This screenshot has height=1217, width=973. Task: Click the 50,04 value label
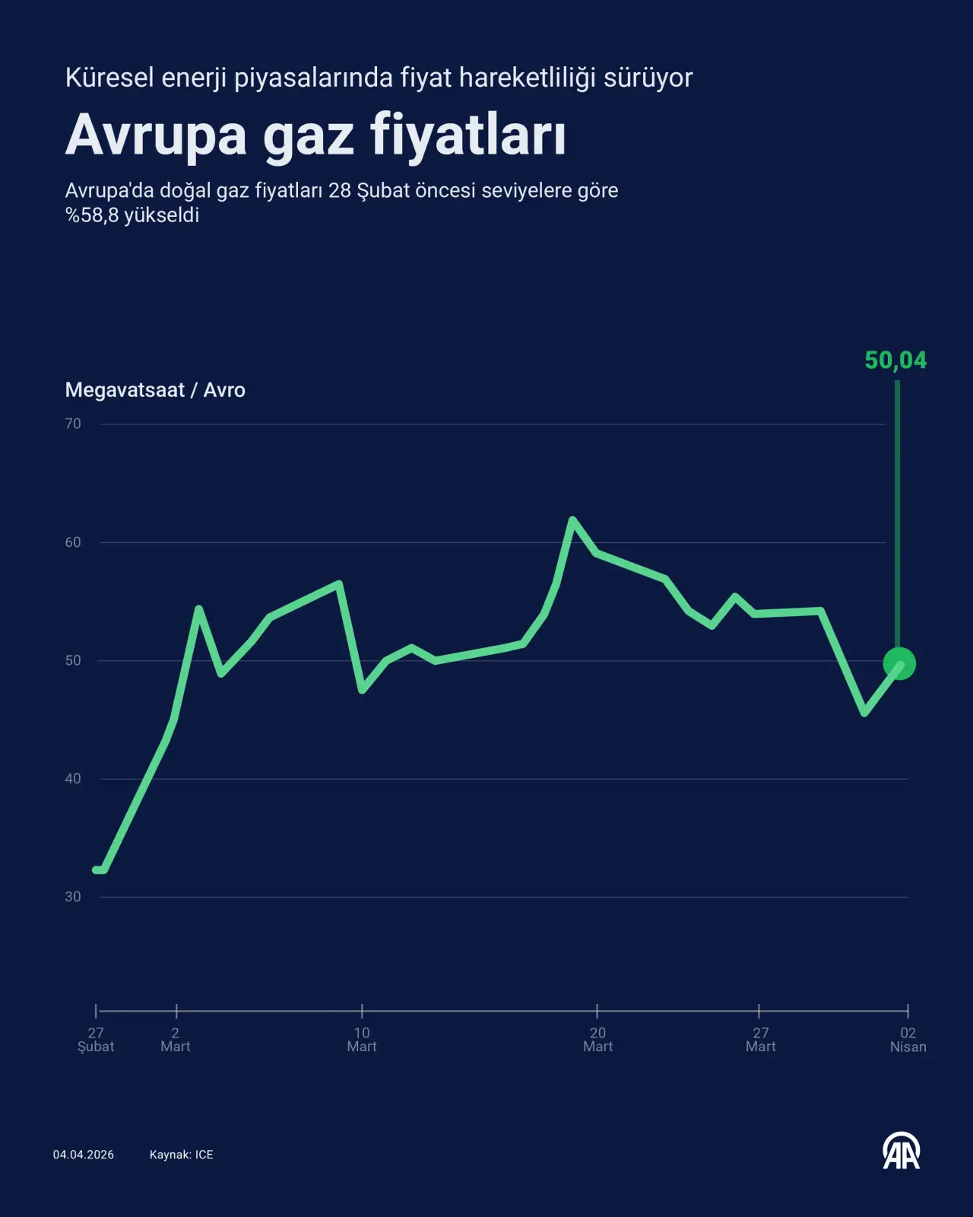click(x=895, y=360)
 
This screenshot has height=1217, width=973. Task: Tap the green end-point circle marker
click(x=899, y=664)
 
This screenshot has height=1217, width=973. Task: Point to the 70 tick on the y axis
click(x=73, y=424)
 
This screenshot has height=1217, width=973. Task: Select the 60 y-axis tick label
click(x=73, y=542)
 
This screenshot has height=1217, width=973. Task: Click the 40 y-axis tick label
click(x=73, y=778)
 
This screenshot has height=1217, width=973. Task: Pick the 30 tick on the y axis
click(x=73, y=897)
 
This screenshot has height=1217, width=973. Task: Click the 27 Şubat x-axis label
click(x=96, y=1040)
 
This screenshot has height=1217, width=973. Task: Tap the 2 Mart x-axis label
click(x=176, y=1040)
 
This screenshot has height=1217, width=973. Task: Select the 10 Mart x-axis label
click(x=362, y=1040)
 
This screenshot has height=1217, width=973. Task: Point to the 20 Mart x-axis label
click(x=597, y=1040)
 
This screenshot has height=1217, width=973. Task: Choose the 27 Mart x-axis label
click(x=760, y=1040)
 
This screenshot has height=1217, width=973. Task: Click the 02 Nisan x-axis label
click(x=908, y=1040)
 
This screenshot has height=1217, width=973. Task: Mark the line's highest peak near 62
click(x=572, y=520)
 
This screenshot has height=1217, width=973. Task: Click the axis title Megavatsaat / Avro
click(x=155, y=390)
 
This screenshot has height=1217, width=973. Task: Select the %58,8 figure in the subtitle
click(x=92, y=215)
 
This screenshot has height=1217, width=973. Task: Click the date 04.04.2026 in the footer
click(x=84, y=1155)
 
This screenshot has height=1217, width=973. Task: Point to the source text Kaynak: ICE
click(x=181, y=1155)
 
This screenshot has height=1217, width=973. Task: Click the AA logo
click(x=901, y=1152)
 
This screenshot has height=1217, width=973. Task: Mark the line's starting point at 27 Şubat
click(x=96, y=869)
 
